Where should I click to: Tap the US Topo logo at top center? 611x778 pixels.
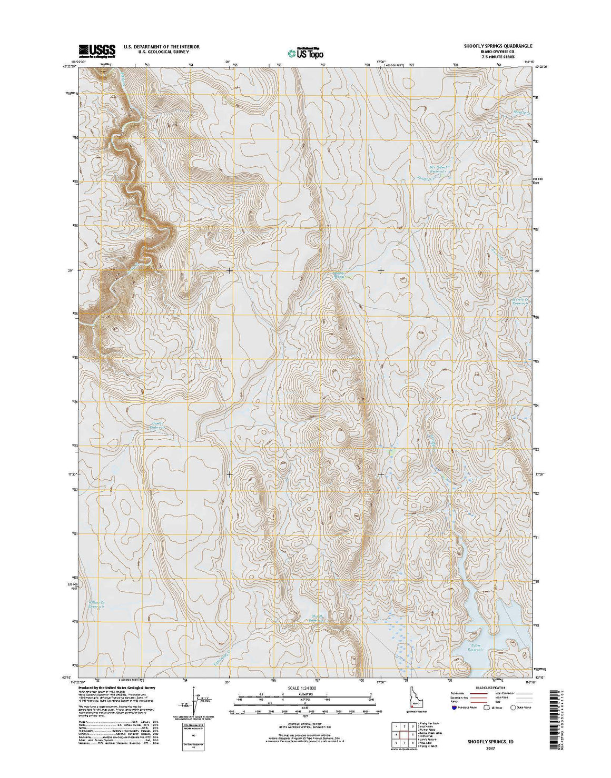305,53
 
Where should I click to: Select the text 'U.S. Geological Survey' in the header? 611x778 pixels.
161,53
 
